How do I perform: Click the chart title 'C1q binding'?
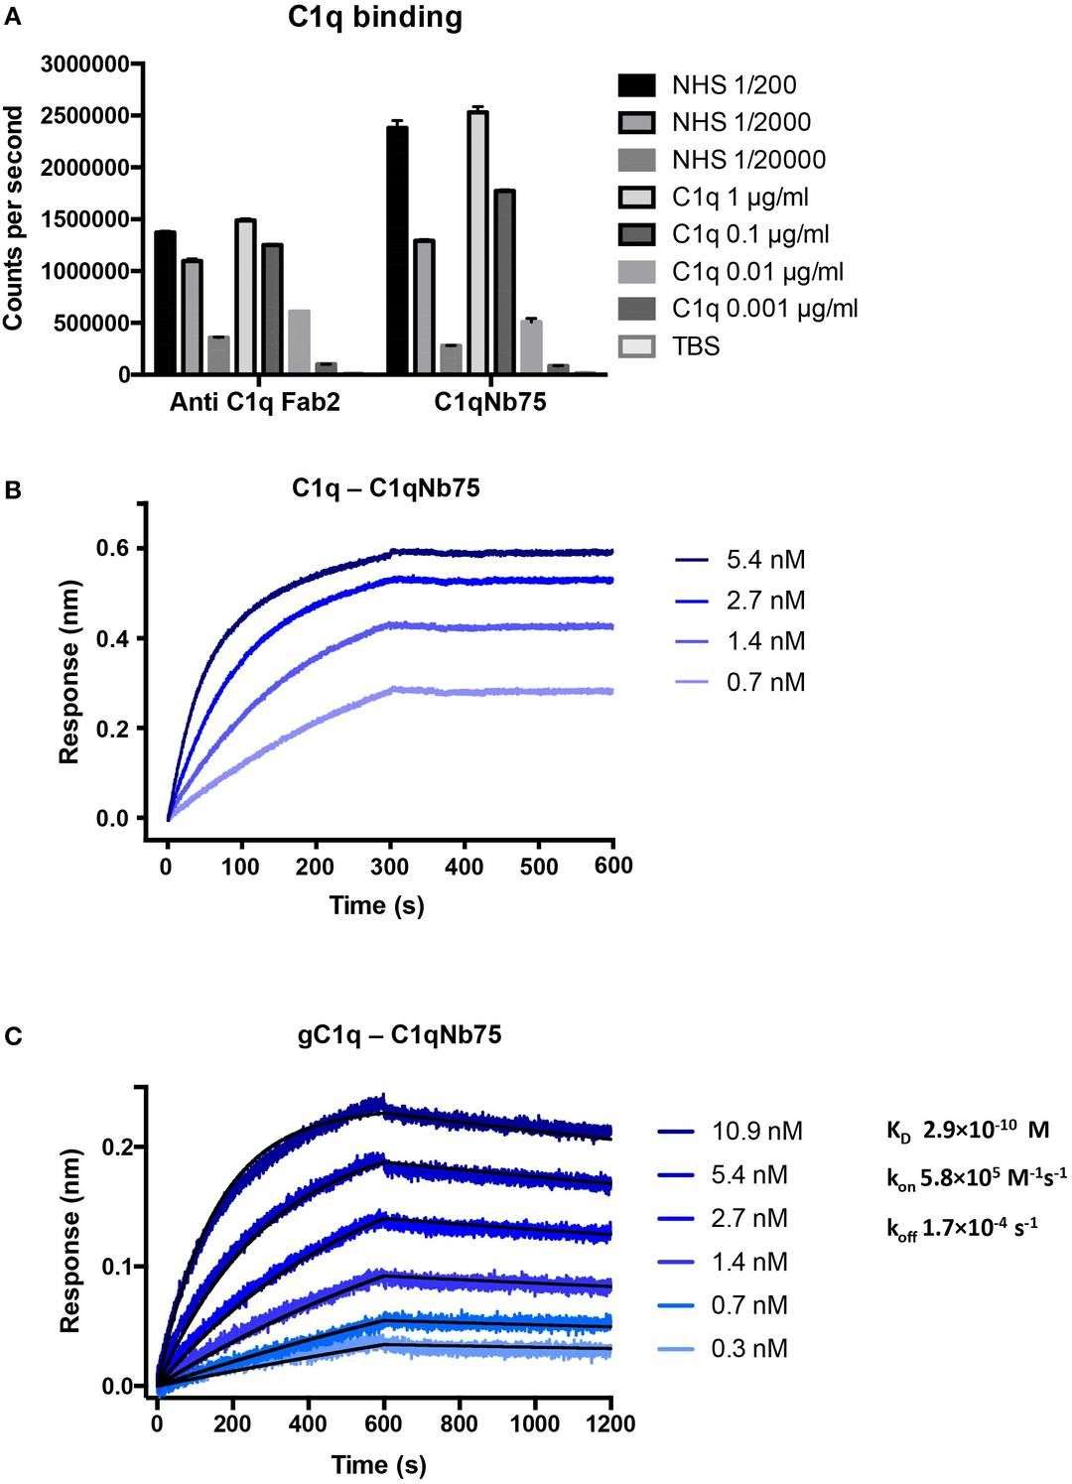tap(371, 19)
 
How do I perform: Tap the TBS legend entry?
tap(695, 346)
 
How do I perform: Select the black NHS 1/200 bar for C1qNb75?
tap(397, 250)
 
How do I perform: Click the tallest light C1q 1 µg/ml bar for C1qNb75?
tap(477, 243)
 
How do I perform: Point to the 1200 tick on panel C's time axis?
tap(610, 1422)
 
